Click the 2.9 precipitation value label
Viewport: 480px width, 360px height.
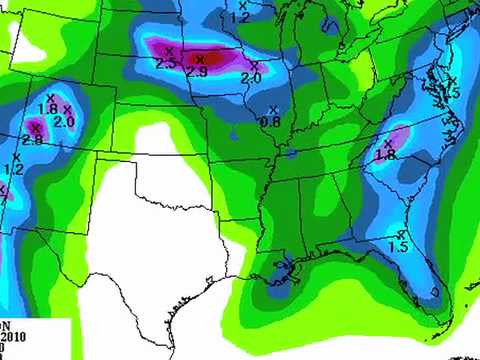coord(196,73)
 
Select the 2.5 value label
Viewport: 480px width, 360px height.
coord(166,64)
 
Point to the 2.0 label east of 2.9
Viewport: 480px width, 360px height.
coord(251,77)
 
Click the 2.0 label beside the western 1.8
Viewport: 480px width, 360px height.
coord(65,122)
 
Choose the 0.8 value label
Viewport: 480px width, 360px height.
coord(270,122)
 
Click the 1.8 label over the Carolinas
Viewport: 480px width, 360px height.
coord(386,155)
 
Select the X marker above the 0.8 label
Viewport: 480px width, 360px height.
coord(271,109)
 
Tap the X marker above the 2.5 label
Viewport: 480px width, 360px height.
coord(169,50)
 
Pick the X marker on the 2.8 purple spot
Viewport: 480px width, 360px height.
coord(36,127)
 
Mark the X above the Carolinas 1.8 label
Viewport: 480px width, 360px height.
coord(387,143)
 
